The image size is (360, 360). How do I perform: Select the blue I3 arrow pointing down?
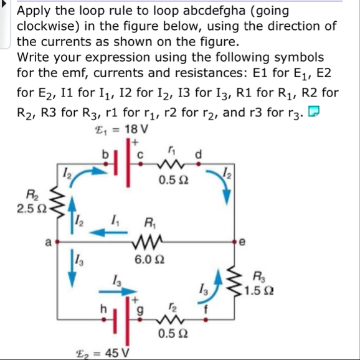(72, 272)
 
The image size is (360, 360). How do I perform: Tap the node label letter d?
(198, 151)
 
